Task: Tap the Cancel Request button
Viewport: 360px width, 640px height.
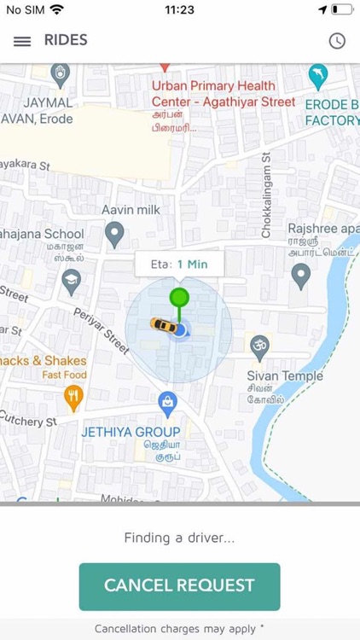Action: [179, 585]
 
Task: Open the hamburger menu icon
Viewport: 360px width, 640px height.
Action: [23, 41]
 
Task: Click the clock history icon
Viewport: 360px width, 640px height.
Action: [337, 41]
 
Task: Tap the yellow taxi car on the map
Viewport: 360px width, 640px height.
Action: [162, 324]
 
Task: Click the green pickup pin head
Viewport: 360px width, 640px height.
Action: [178, 298]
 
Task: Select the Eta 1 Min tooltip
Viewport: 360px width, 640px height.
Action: [178, 264]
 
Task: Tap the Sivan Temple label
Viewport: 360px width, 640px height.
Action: [285, 375]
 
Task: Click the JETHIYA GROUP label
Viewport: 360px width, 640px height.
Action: [131, 432]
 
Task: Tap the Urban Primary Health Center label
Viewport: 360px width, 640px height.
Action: [214, 94]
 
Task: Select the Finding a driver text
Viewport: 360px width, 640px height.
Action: [179, 538]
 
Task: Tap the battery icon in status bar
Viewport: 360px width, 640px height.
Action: [341, 10]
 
